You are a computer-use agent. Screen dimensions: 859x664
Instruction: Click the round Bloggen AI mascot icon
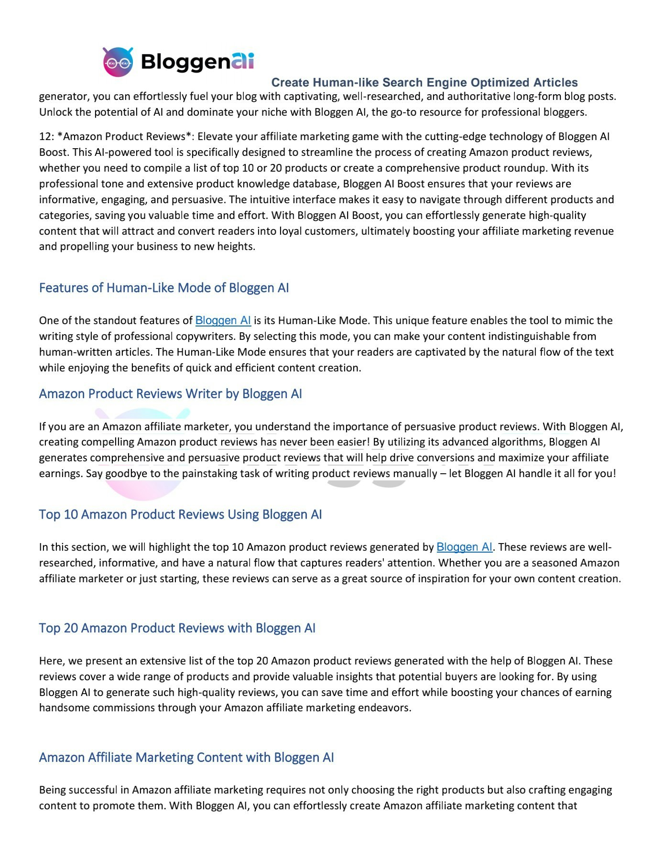118,62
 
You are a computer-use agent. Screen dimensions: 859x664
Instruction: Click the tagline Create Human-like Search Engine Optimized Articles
424,83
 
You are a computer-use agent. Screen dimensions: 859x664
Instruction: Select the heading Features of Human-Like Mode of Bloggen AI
164,288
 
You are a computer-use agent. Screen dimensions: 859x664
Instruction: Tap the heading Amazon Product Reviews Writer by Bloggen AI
170,394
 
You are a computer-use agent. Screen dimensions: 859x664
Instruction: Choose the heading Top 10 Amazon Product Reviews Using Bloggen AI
180,514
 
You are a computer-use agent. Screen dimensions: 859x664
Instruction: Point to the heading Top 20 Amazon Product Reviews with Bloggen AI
177,628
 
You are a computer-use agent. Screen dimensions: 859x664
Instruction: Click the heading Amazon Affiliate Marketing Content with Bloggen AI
186,758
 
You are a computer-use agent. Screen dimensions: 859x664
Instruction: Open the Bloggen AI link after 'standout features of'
223,320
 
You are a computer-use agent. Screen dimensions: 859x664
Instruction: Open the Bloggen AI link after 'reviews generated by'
464,547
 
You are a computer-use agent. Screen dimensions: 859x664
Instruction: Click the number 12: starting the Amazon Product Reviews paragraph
46,137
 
